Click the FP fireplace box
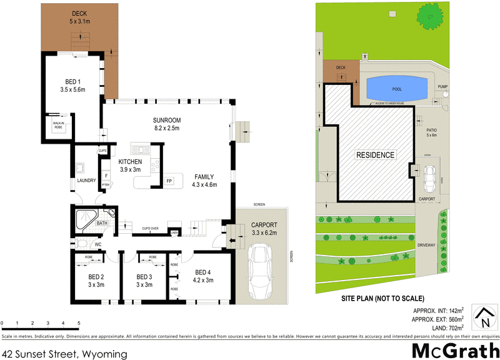169,181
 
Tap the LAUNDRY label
86,181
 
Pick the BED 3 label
144,281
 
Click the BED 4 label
204,276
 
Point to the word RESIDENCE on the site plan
375,155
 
